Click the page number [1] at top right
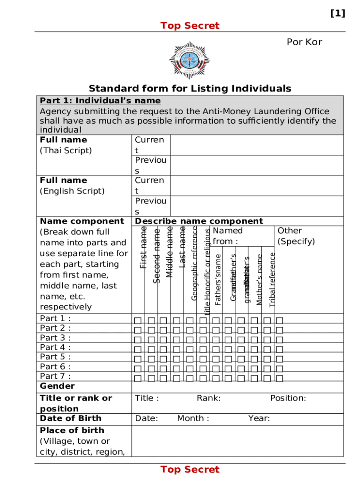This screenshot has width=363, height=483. (x=338, y=14)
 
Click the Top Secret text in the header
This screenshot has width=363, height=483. (x=190, y=25)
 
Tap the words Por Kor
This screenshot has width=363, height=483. (x=304, y=42)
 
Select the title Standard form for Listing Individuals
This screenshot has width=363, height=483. (x=190, y=89)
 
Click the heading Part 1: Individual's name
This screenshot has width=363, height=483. (x=100, y=100)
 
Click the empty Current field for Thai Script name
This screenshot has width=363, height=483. (x=256, y=145)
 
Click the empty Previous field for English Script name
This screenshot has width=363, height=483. (x=256, y=206)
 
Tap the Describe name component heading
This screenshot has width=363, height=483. (x=199, y=221)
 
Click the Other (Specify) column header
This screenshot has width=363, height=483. (x=296, y=236)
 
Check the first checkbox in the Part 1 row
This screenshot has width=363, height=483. (x=138, y=321)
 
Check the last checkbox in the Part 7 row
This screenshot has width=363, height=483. (x=280, y=378)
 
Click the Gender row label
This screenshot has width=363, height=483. (x=57, y=386)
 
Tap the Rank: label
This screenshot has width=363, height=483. (x=208, y=398)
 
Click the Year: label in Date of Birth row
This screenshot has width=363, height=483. (x=259, y=418)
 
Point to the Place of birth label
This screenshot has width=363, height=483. (x=72, y=430)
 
